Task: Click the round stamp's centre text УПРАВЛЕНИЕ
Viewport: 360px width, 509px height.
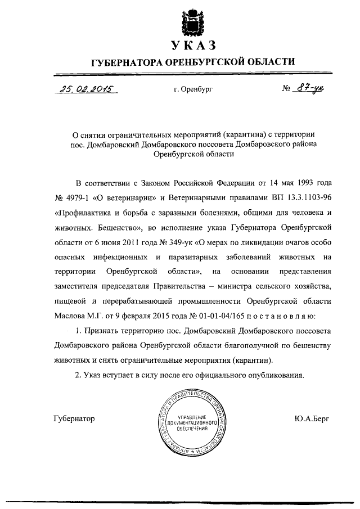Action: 192,416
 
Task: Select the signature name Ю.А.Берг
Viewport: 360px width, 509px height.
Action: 312,418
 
